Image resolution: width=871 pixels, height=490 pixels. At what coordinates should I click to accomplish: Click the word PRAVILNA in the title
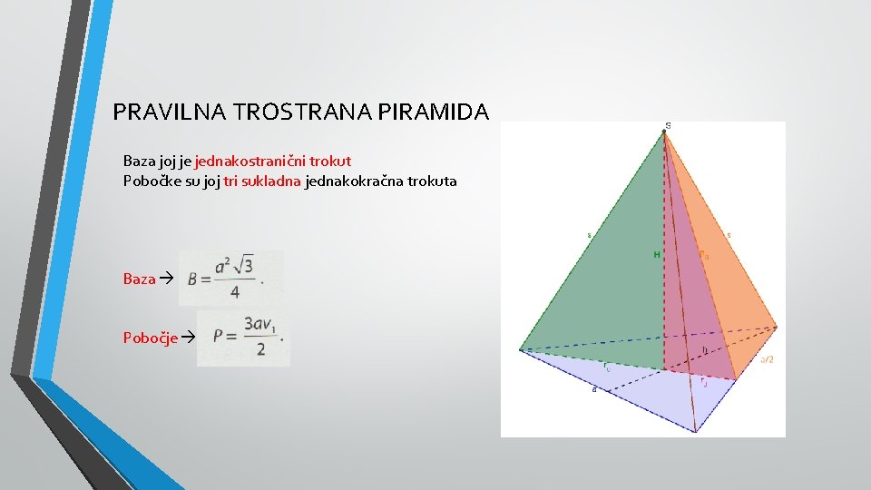coord(170,113)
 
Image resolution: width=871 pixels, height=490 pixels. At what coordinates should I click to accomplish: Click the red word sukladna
coord(271,181)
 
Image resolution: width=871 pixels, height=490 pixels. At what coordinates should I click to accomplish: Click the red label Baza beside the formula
coord(139,279)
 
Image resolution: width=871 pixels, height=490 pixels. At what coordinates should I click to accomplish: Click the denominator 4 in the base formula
coord(234,293)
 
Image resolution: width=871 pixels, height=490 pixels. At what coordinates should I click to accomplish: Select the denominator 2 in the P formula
coord(260,349)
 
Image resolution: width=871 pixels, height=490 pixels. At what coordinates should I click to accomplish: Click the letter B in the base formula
coord(192,279)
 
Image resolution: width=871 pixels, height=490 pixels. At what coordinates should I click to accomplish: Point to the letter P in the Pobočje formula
coord(218,336)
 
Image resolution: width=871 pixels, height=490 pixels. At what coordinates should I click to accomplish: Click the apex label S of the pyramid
coord(669,125)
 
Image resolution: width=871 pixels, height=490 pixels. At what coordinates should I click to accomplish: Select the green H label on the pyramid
coord(657,255)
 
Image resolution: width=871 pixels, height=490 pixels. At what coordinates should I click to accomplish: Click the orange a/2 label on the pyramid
coord(767,359)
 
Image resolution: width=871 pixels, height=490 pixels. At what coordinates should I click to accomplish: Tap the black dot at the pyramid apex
coord(664,132)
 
